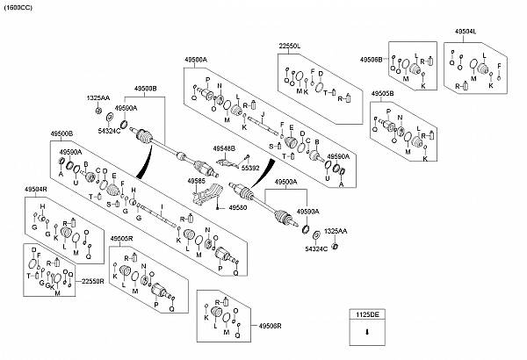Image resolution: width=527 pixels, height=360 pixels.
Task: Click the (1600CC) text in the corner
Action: point(18,6)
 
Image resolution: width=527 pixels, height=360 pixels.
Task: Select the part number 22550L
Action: point(290,44)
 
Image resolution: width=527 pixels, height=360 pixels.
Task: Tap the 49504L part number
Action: point(466,31)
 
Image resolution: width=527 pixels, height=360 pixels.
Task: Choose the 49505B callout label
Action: point(382,92)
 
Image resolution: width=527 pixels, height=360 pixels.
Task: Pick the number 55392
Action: point(251,167)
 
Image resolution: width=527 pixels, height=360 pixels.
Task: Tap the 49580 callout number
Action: point(238,207)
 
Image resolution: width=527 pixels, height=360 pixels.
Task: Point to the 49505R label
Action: point(121,238)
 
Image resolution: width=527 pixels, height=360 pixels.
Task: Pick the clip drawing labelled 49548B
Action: point(230,162)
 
